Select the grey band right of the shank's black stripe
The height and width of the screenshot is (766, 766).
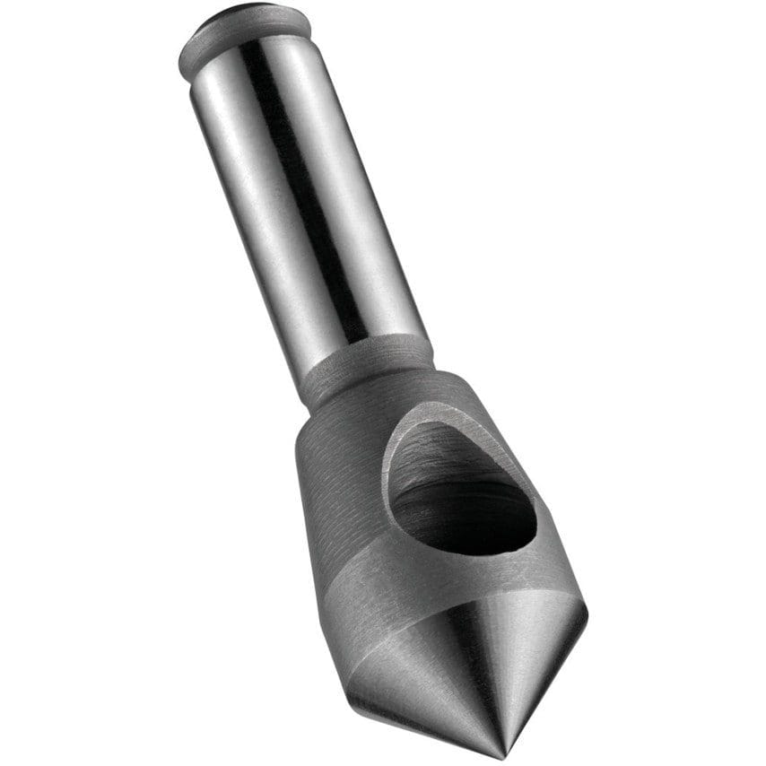(x=359, y=197)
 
